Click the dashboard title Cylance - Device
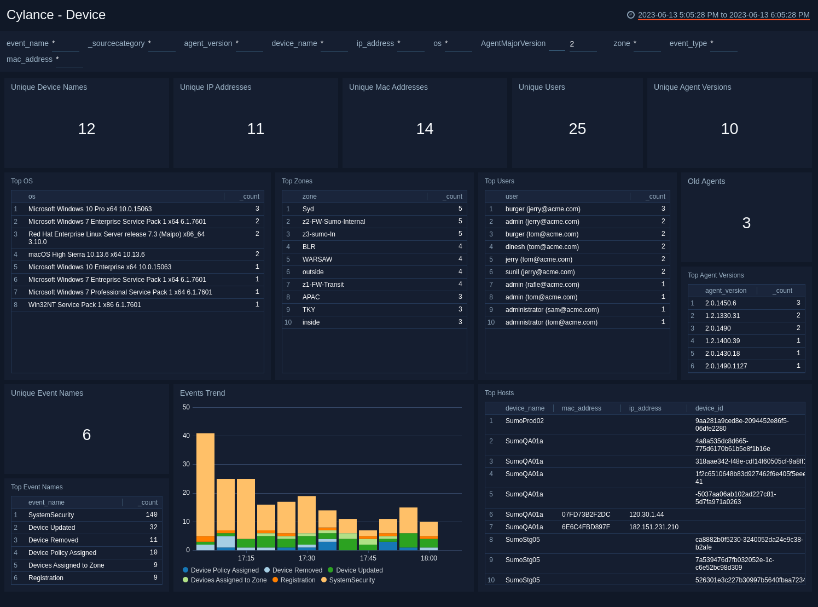[56, 15]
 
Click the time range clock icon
[630, 15]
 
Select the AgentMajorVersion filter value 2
[572, 44]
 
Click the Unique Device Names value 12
[86, 129]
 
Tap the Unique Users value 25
[577, 129]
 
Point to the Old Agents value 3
[746, 223]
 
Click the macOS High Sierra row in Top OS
[86, 255]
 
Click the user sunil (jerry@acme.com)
[540, 272]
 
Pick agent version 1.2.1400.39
[722, 341]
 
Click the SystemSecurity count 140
[152, 515]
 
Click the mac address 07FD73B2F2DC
[586, 514]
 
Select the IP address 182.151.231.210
[654, 527]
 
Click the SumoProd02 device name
[525, 421]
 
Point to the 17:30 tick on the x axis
[307, 558]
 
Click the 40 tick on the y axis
[186, 436]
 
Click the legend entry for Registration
[298, 580]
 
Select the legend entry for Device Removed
[297, 570]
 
